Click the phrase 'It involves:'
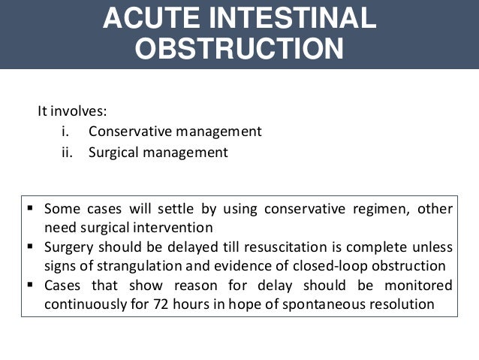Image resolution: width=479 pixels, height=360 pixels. point(72,111)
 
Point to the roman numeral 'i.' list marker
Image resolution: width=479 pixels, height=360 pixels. point(65,132)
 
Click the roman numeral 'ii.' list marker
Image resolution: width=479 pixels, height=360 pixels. point(66,152)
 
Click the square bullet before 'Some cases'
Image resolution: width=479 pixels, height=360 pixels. point(31,208)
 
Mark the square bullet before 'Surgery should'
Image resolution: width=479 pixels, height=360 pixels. point(31,247)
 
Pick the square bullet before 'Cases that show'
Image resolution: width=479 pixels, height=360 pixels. point(31,286)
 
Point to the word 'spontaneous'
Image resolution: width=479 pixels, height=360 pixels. point(333,306)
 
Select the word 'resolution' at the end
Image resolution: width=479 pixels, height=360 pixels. point(405,306)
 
